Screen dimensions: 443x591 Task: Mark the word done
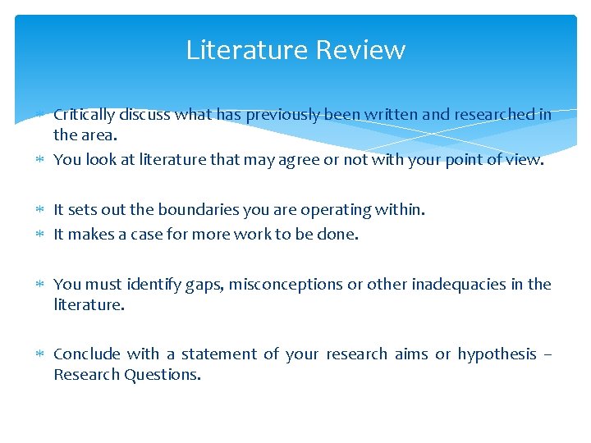click(340, 235)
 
